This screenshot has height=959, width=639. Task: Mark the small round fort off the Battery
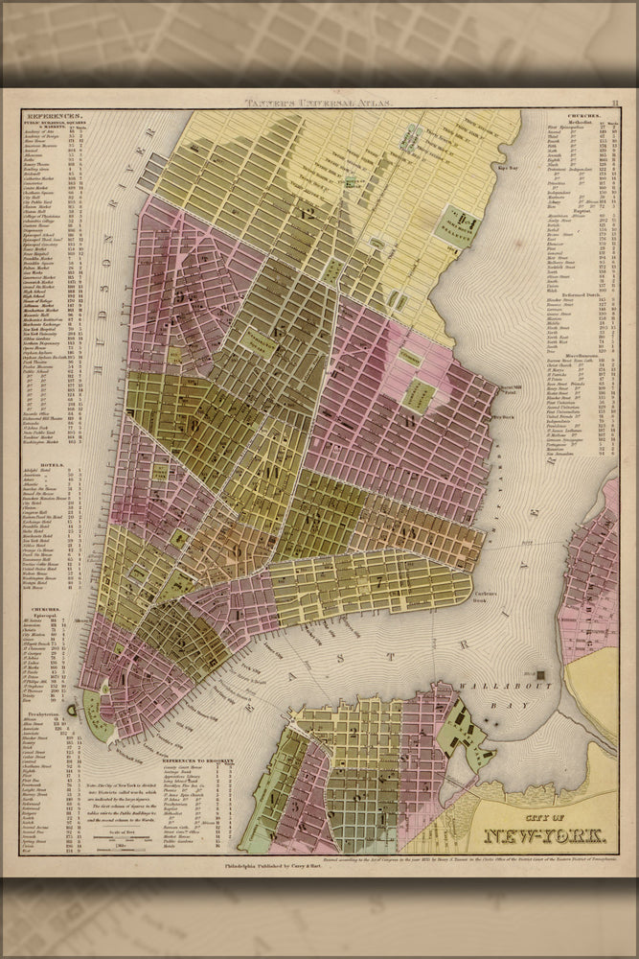pyautogui.click(x=71, y=710)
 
